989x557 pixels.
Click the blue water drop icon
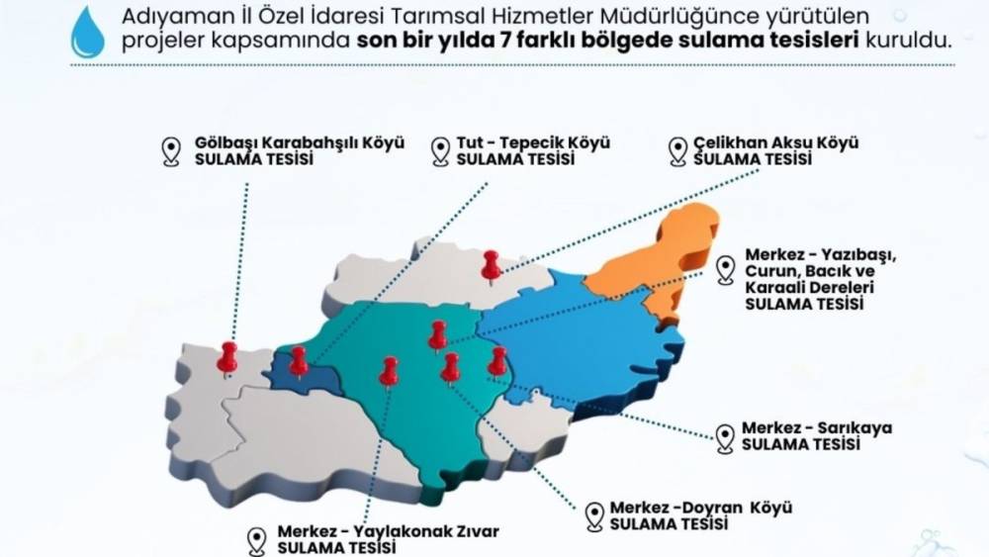87,32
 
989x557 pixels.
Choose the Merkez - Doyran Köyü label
701,508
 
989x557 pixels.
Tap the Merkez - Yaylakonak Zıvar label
388,531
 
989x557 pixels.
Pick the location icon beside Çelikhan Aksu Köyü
677,150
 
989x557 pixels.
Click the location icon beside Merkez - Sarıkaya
726,436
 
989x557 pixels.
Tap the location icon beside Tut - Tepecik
441,150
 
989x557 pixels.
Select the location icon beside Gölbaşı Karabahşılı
171,150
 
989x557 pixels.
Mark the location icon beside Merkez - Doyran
594,515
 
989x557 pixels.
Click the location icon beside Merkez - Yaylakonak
258,540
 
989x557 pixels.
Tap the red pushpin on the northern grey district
491,264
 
